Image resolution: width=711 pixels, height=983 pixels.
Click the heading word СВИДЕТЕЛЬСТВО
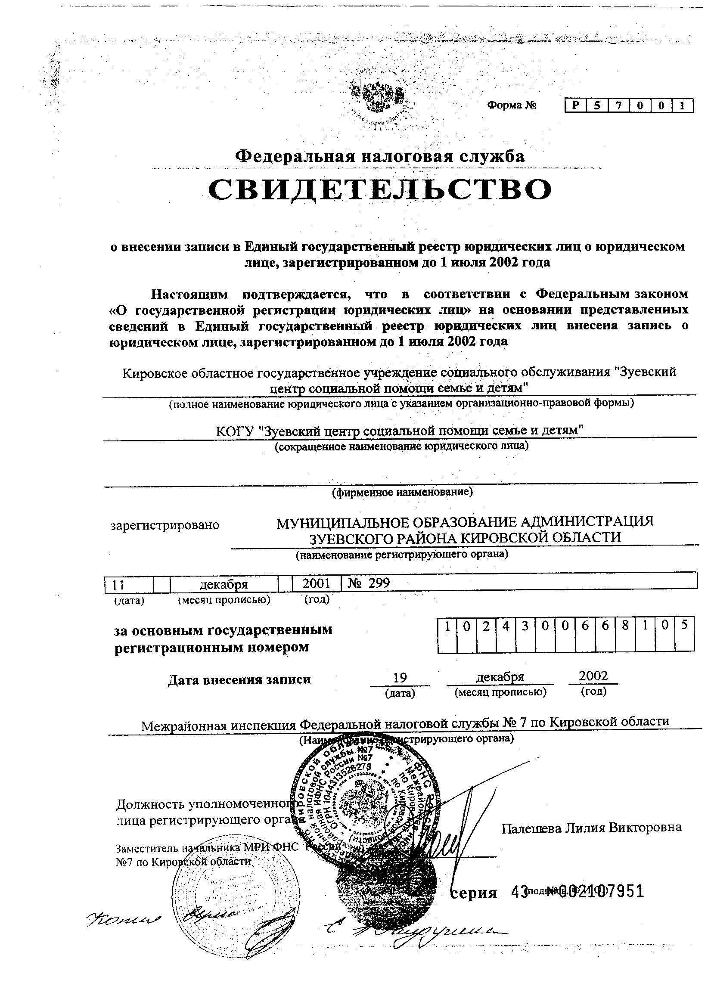tap(380, 190)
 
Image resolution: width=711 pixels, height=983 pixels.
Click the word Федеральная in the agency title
tap(295, 156)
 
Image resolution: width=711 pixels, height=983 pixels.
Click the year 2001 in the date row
tap(317, 583)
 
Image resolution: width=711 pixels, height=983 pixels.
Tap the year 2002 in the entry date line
tap(593, 676)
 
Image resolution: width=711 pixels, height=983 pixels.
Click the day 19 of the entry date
tap(399, 677)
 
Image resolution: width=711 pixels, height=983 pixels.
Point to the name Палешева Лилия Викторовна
tap(591, 828)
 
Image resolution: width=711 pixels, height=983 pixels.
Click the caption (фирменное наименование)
tap(402, 492)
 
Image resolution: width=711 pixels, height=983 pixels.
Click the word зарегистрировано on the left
tap(165, 525)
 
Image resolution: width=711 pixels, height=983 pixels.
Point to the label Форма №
tap(512, 105)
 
